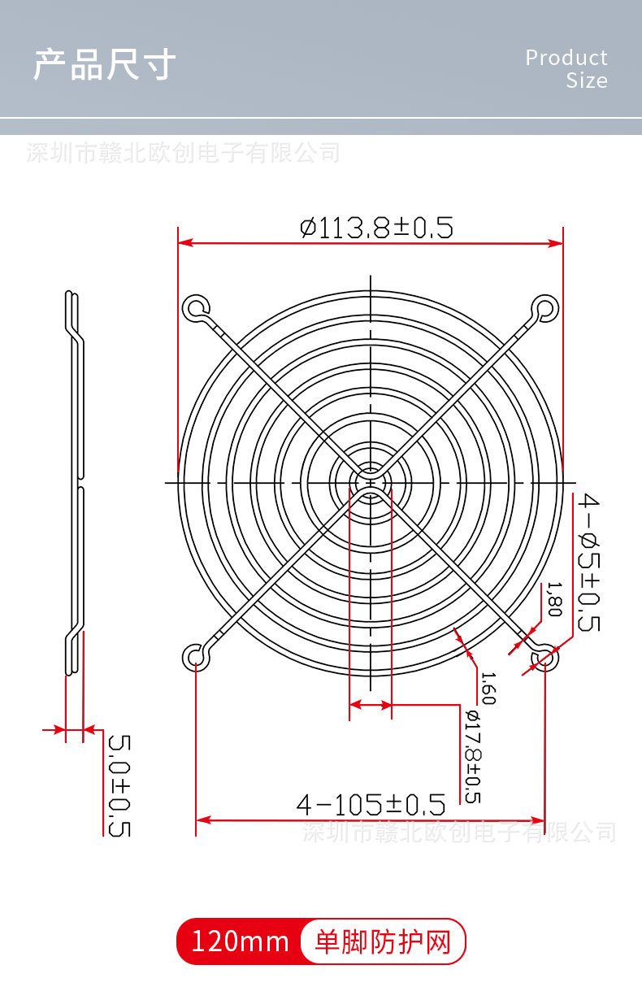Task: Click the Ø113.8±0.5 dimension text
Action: coord(376,227)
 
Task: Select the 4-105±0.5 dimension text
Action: coord(371,805)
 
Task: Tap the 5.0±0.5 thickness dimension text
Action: coord(119,785)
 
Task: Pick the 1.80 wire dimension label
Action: coord(554,599)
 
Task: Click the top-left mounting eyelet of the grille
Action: coord(195,307)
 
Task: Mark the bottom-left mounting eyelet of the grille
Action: coord(195,655)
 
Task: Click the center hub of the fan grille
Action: coord(371,481)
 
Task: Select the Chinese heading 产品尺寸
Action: coord(104,64)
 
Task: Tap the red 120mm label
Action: coord(240,941)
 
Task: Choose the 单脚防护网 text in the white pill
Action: coord(382,942)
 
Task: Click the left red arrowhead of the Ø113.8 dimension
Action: coord(184,243)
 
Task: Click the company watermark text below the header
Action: coord(183,152)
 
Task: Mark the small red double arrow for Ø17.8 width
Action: coord(371,706)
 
